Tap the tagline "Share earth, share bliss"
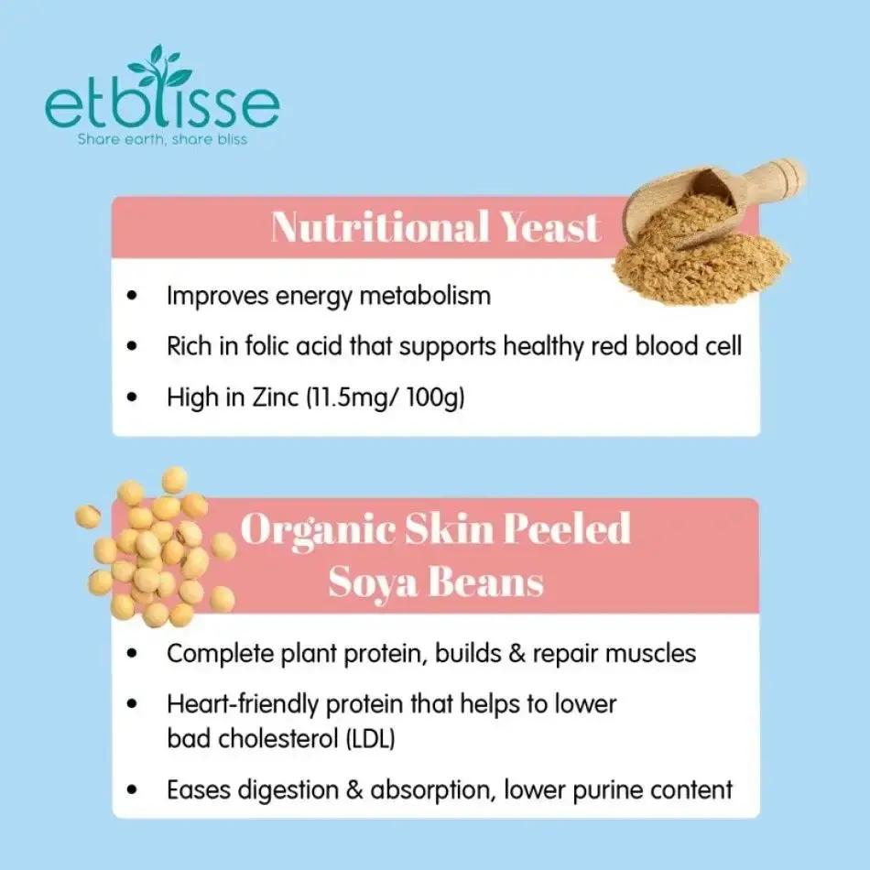coord(162,140)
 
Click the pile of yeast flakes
coord(701,256)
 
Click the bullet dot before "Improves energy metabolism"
coord(135,297)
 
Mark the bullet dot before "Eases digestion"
coord(135,789)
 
